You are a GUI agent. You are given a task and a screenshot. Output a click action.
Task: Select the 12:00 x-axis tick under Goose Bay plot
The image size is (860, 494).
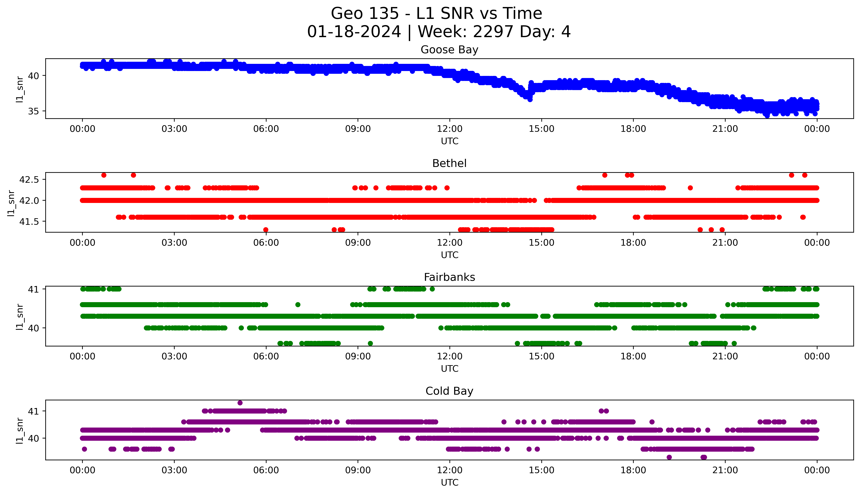point(449,129)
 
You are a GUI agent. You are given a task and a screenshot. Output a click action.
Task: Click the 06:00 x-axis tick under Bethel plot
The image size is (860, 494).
point(266,243)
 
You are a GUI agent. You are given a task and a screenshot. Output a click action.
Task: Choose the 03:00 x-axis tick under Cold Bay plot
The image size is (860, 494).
point(174,470)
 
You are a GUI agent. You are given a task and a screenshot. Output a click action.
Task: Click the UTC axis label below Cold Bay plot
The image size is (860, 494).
point(449,482)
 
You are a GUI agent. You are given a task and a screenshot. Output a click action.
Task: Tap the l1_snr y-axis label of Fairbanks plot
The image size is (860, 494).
point(20,317)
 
